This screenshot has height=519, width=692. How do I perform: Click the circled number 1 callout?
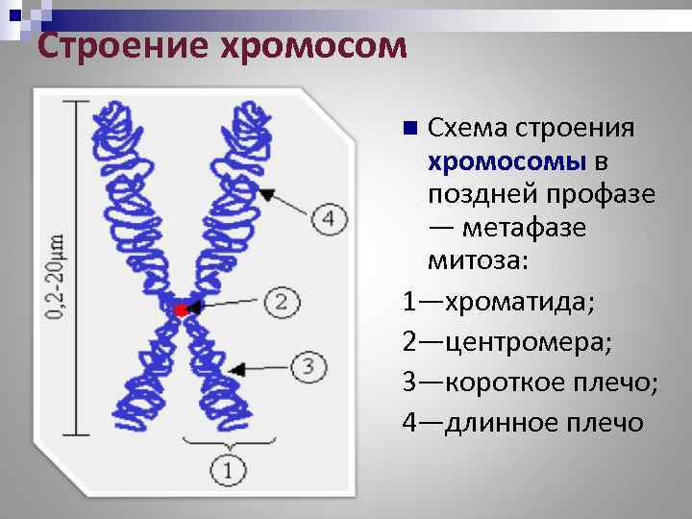[x=228, y=470]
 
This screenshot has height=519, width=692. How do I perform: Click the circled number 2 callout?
[x=281, y=302]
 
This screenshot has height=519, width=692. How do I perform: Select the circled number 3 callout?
[x=308, y=366]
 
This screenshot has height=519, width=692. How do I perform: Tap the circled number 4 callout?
[x=330, y=218]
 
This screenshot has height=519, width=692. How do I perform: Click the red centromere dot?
[x=181, y=309]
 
